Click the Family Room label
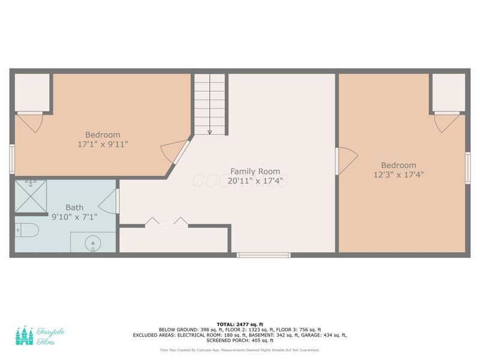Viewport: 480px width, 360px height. [x=255, y=171]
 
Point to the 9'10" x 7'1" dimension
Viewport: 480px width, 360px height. [x=74, y=217]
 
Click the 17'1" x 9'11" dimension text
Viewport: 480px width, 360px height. [x=103, y=144]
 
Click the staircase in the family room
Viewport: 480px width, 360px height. [x=210, y=103]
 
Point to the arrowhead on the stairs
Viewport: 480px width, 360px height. [x=210, y=133]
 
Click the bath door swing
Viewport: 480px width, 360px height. [x=109, y=200]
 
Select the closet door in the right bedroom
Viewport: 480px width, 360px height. [x=446, y=122]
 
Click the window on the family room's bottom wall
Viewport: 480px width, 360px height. [x=263, y=255]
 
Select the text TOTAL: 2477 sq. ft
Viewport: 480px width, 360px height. [x=240, y=324]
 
